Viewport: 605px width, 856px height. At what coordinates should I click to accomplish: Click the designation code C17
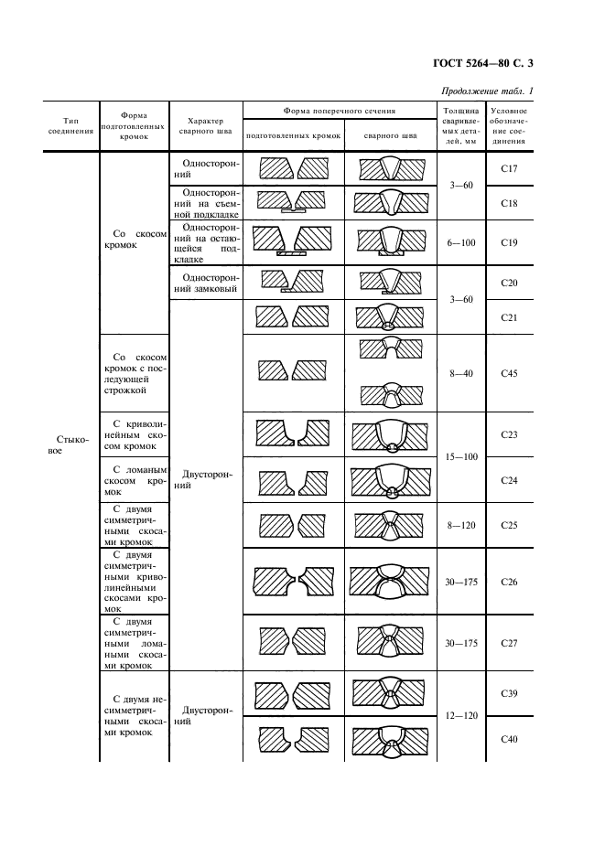(x=511, y=168)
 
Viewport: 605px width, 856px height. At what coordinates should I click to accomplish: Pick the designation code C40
(x=511, y=739)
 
